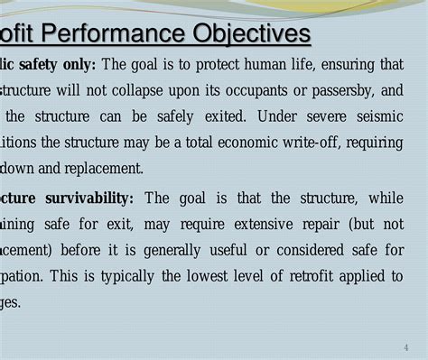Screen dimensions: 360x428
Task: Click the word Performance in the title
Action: coord(116,35)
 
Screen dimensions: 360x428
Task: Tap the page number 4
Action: coord(406,348)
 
